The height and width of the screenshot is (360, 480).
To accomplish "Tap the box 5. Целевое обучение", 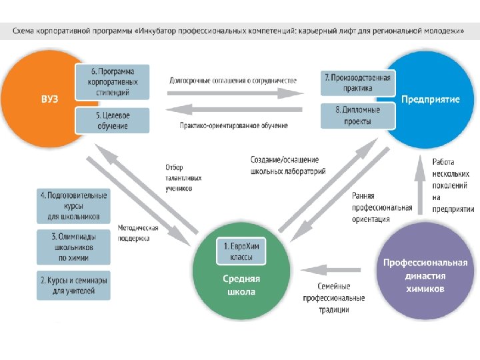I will point(112,121).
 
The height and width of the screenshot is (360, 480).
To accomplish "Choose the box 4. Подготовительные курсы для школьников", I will point(73,206).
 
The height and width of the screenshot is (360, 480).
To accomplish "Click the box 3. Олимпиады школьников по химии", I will point(73,247).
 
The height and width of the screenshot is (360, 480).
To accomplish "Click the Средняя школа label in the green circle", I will point(242,285).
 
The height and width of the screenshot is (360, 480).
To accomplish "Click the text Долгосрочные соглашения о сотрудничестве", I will point(233,81).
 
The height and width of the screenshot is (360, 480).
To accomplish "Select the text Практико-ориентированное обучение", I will point(234,125).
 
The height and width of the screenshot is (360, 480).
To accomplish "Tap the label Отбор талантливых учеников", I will point(183,177).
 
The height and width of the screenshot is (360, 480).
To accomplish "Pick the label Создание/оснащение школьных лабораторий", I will point(288,165).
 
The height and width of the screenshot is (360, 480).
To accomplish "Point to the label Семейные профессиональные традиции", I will point(334,298).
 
